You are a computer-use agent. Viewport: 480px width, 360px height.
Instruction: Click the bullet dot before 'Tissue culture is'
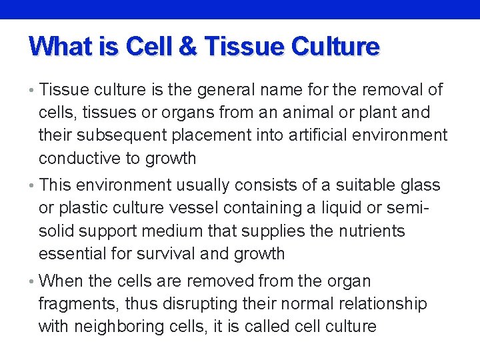[x=33, y=90]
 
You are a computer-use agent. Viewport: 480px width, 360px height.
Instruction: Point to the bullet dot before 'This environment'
[x=33, y=185]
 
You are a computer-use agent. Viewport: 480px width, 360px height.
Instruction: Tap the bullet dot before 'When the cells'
[x=33, y=281]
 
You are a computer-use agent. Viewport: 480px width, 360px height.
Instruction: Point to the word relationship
[x=381, y=305]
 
